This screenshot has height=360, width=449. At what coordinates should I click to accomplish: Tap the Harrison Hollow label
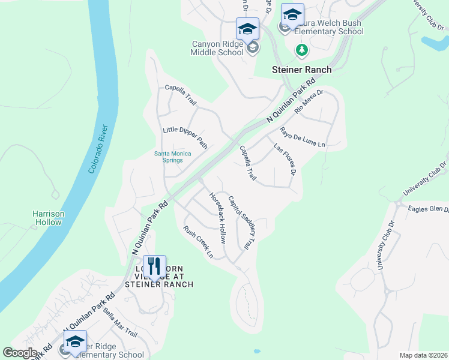pyautogui.click(x=48, y=218)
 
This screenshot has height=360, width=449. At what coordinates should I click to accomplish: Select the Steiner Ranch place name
pyautogui.click(x=301, y=70)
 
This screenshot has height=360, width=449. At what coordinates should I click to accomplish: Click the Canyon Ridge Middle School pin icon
pyautogui.click(x=247, y=29)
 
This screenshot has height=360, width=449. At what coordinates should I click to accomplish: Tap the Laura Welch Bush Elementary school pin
pyautogui.click(x=292, y=14)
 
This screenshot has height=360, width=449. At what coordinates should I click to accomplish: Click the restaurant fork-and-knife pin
pyautogui.click(x=155, y=266)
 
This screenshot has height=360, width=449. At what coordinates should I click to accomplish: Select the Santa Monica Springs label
pyautogui.click(x=173, y=157)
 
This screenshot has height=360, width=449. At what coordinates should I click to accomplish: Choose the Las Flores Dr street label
pyautogui.click(x=285, y=159)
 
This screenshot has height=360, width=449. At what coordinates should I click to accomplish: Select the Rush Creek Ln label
pyautogui.click(x=198, y=242)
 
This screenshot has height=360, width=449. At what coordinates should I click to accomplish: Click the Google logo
pyautogui.click(x=20, y=353)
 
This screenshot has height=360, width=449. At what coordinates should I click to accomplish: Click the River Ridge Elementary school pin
pyautogui.click(x=75, y=341)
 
